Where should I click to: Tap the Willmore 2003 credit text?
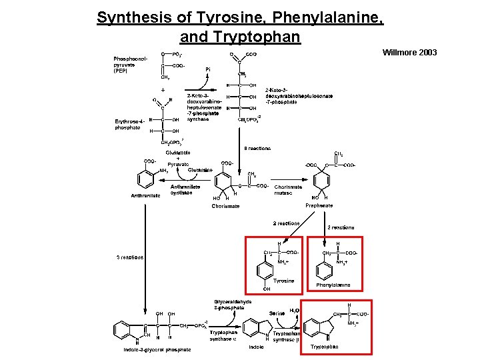point(409,52)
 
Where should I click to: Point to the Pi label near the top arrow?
point(208,69)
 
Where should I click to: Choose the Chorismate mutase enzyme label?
point(288,189)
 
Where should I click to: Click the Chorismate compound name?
point(225,206)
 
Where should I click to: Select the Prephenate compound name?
point(319,205)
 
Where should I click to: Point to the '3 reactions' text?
point(129,257)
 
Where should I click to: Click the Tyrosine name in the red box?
point(283,281)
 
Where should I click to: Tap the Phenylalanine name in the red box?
point(333,285)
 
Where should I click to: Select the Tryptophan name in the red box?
point(325,347)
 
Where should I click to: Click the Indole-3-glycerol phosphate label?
point(157,349)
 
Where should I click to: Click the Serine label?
point(277,313)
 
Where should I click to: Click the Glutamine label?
point(200,170)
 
